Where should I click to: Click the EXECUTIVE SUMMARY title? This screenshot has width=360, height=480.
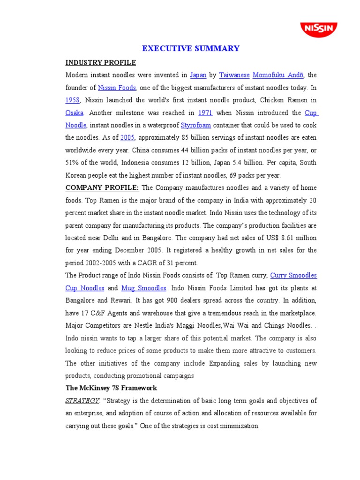pyautogui.click(x=191, y=48)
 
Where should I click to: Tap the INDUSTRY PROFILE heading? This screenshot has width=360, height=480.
pyautogui.click(x=100, y=62)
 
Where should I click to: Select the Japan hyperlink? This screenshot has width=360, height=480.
pyautogui.click(x=198, y=75)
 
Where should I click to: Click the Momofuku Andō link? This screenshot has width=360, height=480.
pyautogui.click(x=278, y=75)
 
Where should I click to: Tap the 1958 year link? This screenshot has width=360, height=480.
pyautogui.click(x=73, y=100)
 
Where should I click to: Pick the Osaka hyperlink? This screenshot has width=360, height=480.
pyautogui.click(x=75, y=113)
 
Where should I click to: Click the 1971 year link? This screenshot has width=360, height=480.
pyautogui.click(x=205, y=113)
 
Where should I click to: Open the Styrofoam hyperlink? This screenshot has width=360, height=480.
pyautogui.click(x=196, y=125)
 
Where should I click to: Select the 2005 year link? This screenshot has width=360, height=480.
pyautogui.click(x=127, y=138)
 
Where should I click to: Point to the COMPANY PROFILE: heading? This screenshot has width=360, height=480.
pyautogui.click(x=102, y=188)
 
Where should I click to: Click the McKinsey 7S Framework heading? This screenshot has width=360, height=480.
pyautogui.click(x=111, y=388)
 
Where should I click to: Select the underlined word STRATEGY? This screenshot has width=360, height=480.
pyautogui.click(x=82, y=401)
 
